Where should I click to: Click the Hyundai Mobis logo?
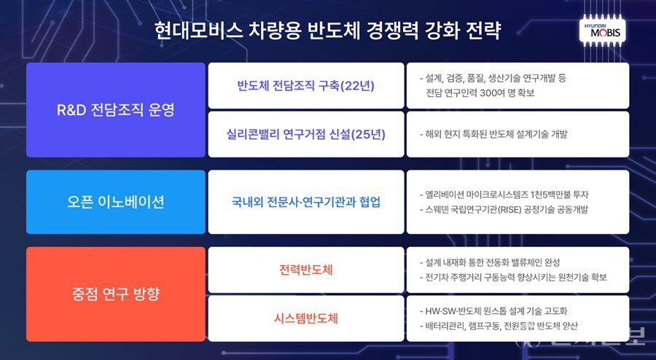(x=604, y=31)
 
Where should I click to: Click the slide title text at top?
(x=328, y=31)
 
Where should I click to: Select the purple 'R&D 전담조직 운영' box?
(x=116, y=110)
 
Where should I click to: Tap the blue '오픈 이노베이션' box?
(x=116, y=202)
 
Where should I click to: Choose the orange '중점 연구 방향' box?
(x=116, y=294)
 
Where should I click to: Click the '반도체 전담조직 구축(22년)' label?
(x=305, y=85)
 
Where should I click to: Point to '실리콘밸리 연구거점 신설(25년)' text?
(x=305, y=134)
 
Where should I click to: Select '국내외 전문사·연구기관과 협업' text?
(x=305, y=202)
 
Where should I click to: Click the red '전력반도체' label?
(x=305, y=270)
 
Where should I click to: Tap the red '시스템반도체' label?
(x=305, y=318)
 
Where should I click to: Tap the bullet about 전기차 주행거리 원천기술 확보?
(x=513, y=278)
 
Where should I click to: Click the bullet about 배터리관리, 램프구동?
(x=504, y=326)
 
